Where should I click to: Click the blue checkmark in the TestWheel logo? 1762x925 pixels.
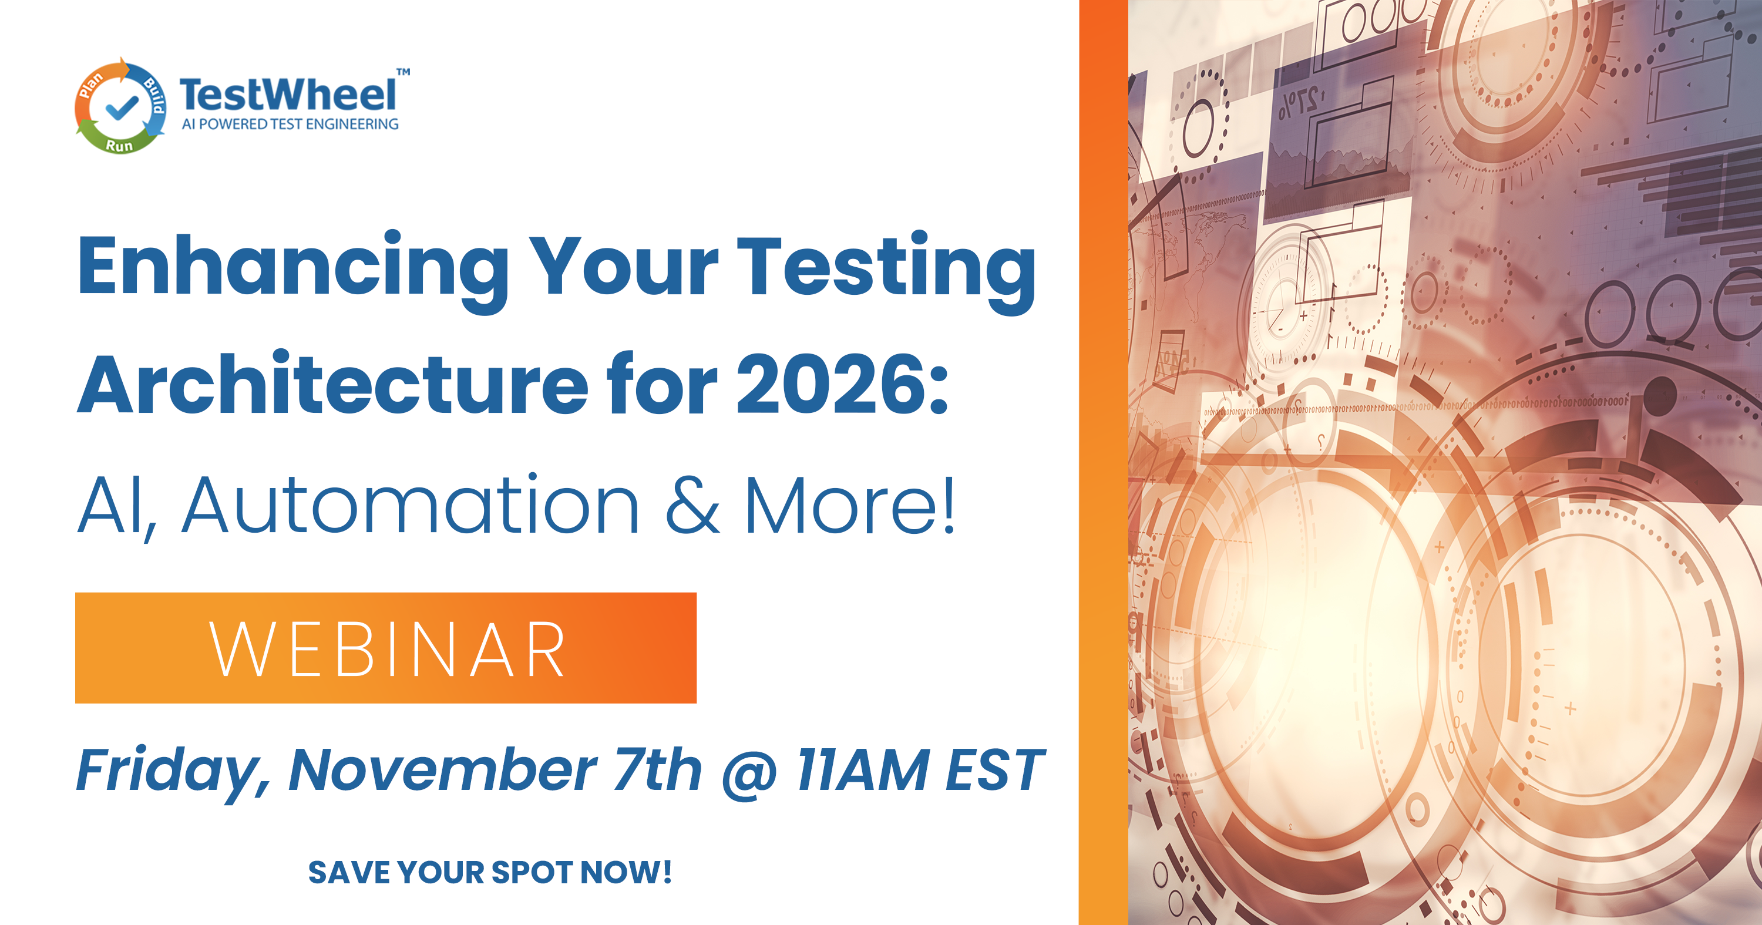pyautogui.click(x=122, y=107)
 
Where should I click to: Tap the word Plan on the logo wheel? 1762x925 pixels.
pyautogui.click(x=90, y=85)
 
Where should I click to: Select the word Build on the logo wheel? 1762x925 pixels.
pyautogui.click(x=154, y=96)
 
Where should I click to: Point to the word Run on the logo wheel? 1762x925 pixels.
pyautogui.click(x=119, y=146)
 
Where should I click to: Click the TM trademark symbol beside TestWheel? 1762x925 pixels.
pyautogui.click(x=403, y=72)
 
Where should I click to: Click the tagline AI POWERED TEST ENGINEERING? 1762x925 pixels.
pyautogui.click(x=290, y=124)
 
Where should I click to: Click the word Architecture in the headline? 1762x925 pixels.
pyautogui.click(x=332, y=385)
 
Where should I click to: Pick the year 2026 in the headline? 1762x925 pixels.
pyautogui.click(x=831, y=385)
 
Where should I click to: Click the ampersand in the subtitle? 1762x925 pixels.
pyautogui.click(x=692, y=505)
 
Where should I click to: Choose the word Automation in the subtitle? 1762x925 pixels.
pyautogui.click(x=411, y=505)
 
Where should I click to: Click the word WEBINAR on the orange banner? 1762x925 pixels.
pyautogui.click(x=387, y=650)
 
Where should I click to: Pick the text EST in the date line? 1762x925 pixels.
pyautogui.click(x=994, y=771)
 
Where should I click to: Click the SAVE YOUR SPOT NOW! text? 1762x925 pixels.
pyautogui.click(x=490, y=872)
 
